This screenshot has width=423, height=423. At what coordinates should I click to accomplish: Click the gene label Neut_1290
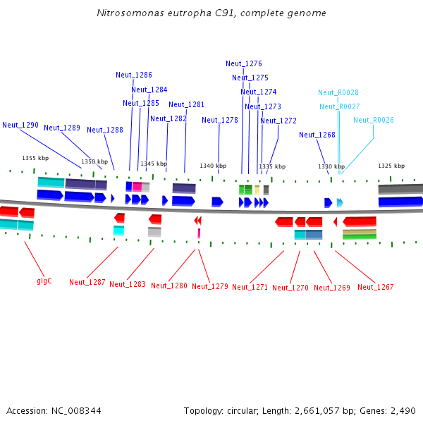pyautogui.click(x=20, y=125)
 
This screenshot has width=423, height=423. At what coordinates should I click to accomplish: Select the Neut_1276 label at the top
pyautogui.click(x=244, y=63)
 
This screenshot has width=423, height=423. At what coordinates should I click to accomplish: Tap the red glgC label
pyautogui.click(x=44, y=281)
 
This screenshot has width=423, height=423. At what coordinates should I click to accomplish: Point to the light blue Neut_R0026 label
pyautogui.click(x=374, y=120)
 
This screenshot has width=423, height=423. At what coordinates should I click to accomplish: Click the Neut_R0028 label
pyautogui.click(x=338, y=92)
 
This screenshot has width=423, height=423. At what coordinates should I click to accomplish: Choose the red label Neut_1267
pyautogui.click(x=376, y=287)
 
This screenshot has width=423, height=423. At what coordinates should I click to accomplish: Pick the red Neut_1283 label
pyautogui.click(x=128, y=284)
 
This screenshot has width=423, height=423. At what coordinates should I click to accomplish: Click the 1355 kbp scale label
pyautogui.click(x=35, y=158)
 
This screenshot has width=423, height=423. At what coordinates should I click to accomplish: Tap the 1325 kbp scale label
pyautogui.click(x=391, y=166)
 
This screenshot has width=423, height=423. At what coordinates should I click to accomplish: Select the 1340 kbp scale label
pyautogui.click(x=213, y=166)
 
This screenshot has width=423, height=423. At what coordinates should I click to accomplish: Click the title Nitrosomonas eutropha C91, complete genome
pyautogui.click(x=211, y=13)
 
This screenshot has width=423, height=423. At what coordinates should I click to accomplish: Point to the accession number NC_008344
pyautogui.click(x=76, y=411)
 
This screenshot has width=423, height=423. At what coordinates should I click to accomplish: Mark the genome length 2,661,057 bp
pyautogui.click(x=317, y=411)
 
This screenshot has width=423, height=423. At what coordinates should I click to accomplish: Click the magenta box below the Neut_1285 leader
pyautogui.click(x=137, y=187)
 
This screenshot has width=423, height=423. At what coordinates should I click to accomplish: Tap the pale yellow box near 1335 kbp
pyautogui.click(x=257, y=190)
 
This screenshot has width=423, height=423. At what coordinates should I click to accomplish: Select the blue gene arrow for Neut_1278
pyautogui.click(x=217, y=202)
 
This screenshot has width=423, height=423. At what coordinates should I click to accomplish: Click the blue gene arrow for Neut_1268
pyautogui.click(x=329, y=203)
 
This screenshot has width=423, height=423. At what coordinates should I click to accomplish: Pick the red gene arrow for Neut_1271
pyautogui.click(x=284, y=222)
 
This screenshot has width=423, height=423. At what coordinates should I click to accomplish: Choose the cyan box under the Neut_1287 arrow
pyautogui.click(x=118, y=231)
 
